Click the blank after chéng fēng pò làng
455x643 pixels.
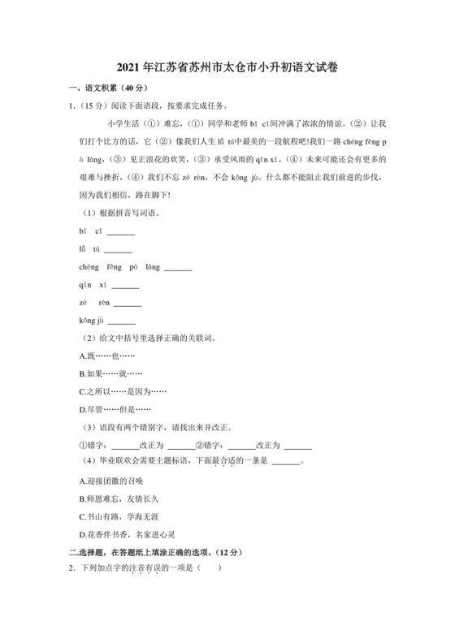pyautogui.click(x=177, y=267)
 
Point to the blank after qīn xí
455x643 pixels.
pyautogui.click(x=125, y=285)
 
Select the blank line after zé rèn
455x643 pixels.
pyautogui.click(x=128, y=304)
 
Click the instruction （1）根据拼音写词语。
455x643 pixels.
pyautogui.click(x=121, y=214)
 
